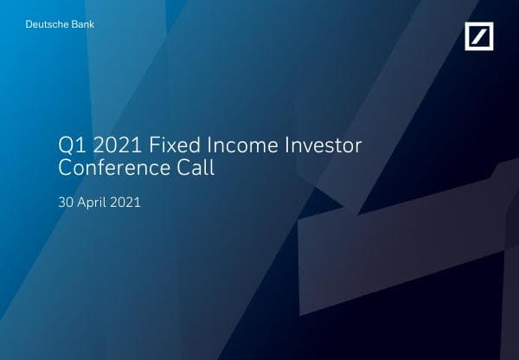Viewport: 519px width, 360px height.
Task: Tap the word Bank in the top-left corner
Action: (x=83, y=24)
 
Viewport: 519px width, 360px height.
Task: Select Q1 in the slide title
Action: (x=69, y=145)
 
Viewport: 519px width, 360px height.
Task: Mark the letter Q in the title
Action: (x=65, y=145)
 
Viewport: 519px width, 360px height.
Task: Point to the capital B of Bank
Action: (x=74, y=24)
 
